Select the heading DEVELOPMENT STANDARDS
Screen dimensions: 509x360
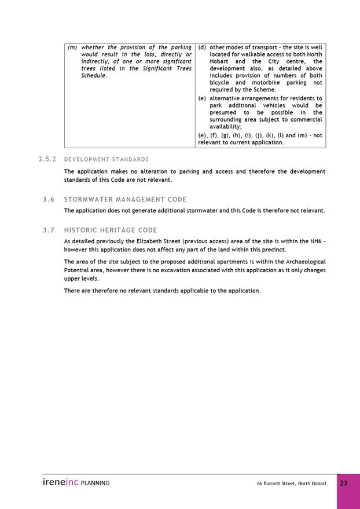pyautogui.click(x=106, y=159)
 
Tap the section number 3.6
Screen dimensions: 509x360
pyautogui.click(x=49, y=200)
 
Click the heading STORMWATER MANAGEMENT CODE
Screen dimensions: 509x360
pyautogui.click(x=125, y=200)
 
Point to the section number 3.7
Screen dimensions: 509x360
pyautogui.click(x=49, y=230)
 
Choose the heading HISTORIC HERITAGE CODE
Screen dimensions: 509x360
pyautogui.click(x=111, y=230)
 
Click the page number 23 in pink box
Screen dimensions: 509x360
pyautogui.click(x=344, y=484)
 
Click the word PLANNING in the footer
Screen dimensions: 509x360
pyautogui.click(x=95, y=483)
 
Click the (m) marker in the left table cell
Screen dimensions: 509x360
pyautogui.click(x=72, y=47)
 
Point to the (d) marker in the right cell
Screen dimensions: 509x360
pyautogui.click(x=202, y=47)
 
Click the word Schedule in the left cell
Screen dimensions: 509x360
pyautogui.click(x=94, y=76)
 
